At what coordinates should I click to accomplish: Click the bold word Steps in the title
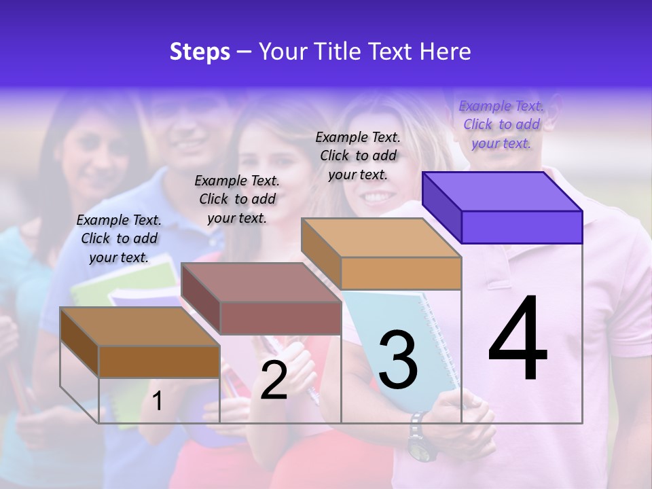[x=200, y=52]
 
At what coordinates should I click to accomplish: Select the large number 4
[x=518, y=340]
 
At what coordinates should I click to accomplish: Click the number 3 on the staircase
[x=397, y=360]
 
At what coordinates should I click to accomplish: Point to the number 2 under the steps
[x=274, y=380]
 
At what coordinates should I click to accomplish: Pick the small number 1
[x=158, y=401]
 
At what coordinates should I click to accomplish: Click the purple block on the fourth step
[x=503, y=207]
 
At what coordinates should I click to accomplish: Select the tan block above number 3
[x=382, y=255]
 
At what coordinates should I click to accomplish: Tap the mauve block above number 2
[x=262, y=299]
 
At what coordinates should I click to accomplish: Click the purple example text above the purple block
[x=501, y=124]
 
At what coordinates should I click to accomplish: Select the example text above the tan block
[x=358, y=156]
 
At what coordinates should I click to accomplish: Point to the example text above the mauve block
[x=237, y=199]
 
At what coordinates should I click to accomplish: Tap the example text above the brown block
[x=119, y=238]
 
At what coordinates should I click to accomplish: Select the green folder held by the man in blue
[x=122, y=285]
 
